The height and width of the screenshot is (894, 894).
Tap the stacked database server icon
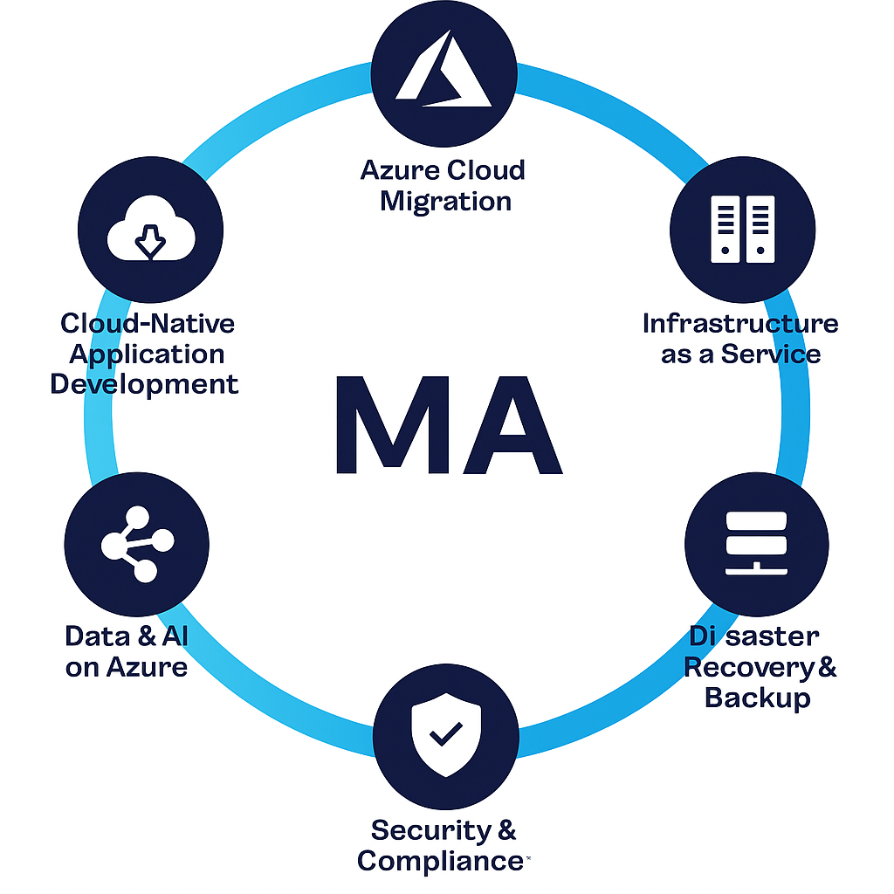point(757,542)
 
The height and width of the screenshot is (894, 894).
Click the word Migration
point(445,201)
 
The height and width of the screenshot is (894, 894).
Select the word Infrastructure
point(740,324)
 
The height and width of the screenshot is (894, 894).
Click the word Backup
point(757,698)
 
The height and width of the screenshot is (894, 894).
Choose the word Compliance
point(439,861)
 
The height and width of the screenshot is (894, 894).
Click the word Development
point(144,384)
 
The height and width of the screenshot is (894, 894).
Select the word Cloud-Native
point(148,324)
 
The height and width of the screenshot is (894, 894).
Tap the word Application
point(147,354)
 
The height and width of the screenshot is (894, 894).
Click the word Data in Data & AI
point(96,636)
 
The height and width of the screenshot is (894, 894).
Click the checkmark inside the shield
point(446,734)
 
